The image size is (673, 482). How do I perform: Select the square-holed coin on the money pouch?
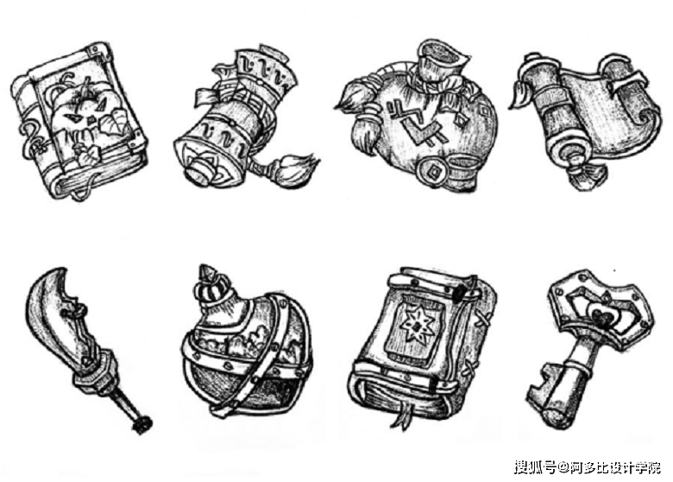432,170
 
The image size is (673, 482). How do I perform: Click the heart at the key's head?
600,317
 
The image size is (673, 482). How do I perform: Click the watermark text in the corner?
588,466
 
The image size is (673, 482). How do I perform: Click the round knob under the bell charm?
198,169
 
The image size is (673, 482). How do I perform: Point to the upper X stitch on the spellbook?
483,317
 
